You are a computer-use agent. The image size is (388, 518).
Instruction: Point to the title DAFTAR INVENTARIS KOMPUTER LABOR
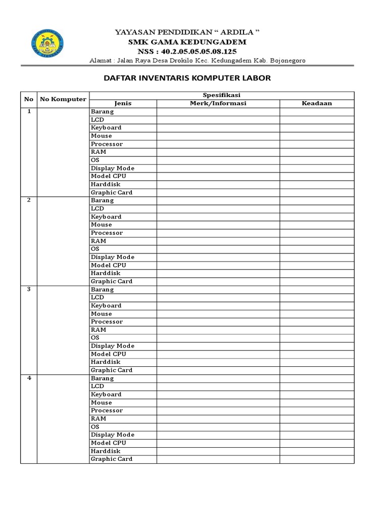[187, 78]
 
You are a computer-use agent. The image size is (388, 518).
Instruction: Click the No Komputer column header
[63, 99]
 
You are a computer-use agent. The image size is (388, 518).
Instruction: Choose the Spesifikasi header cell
[222, 95]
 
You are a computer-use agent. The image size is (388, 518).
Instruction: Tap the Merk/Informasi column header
[218, 103]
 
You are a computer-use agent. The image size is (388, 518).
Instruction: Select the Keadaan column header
[317, 103]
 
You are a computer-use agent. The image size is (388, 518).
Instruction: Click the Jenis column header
[123, 103]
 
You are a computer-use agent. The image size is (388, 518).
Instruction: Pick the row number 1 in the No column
[29, 111]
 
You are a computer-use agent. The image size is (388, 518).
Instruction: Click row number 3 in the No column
[29, 289]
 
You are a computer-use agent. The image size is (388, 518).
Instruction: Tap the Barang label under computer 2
[102, 200]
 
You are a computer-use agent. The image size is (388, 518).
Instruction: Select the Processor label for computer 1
[107, 144]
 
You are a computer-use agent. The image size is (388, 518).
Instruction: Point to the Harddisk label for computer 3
[106, 362]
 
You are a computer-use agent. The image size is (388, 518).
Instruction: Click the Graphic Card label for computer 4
[111, 459]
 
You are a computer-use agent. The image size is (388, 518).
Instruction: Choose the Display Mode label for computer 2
[112, 257]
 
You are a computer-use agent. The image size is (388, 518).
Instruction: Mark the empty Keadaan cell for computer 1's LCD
[317, 119]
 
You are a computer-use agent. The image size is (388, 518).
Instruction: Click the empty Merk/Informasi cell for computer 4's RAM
[218, 418]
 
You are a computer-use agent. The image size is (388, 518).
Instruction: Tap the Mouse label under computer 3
[102, 314]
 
